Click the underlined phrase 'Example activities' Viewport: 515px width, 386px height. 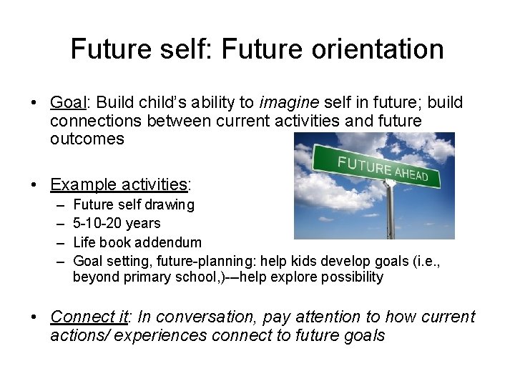point(118,184)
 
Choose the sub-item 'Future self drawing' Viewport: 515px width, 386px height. point(134,205)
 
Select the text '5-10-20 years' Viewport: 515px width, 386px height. point(117,223)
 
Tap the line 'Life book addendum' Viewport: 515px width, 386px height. point(137,242)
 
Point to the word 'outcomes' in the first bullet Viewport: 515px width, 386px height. point(87,139)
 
